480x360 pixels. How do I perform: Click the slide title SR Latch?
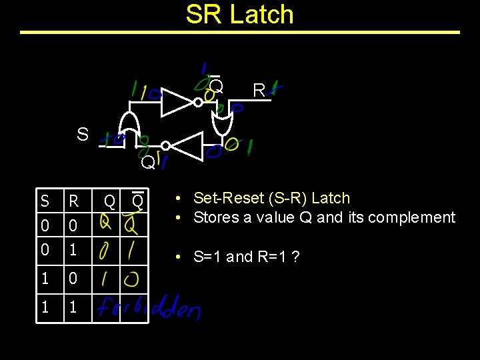pyautogui.click(x=239, y=14)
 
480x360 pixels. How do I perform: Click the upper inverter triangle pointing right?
pyautogui.click(x=177, y=102)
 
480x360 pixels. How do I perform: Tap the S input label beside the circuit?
pyautogui.click(x=82, y=134)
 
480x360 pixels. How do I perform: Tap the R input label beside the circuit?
pyautogui.click(x=259, y=90)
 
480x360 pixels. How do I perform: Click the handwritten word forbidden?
pyautogui.click(x=148, y=307)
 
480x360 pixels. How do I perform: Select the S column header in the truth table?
pyautogui.click(x=45, y=201)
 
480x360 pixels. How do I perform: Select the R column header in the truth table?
pyautogui.click(x=73, y=201)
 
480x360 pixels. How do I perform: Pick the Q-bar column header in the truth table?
pyautogui.click(x=137, y=200)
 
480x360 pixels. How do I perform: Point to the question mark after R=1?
pyautogui.click(x=295, y=257)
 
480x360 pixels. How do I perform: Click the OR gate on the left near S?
pyautogui.click(x=128, y=127)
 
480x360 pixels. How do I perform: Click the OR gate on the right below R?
pyautogui.click(x=221, y=124)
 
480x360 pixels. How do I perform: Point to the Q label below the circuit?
pyautogui.click(x=147, y=162)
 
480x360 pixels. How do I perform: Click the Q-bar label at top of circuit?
pyautogui.click(x=216, y=86)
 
